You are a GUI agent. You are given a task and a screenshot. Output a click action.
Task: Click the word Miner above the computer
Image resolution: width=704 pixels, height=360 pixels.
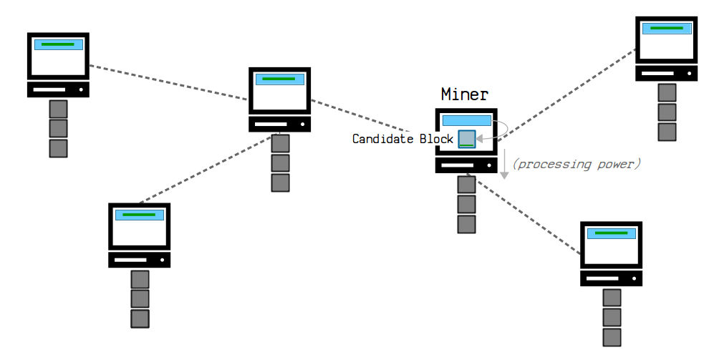[x=465, y=94]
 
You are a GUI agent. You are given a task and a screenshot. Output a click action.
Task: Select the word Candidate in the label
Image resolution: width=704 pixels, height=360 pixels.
[x=383, y=139]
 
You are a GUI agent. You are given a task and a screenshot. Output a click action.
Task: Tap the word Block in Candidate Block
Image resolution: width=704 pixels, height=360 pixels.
[x=436, y=139]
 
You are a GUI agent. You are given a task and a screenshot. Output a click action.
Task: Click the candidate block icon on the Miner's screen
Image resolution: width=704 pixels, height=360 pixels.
[x=467, y=139]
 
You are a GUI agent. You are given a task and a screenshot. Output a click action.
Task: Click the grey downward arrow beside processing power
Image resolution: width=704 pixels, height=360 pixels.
[x=504, y=164]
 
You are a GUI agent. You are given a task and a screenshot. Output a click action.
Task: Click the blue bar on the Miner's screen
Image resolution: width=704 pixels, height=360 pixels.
[x=466, y=120]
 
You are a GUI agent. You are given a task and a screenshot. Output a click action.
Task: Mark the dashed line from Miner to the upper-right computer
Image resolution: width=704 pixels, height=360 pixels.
[x=566, y=96]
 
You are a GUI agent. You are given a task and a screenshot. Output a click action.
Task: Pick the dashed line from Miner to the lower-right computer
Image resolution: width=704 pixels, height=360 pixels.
[x=524, y=214]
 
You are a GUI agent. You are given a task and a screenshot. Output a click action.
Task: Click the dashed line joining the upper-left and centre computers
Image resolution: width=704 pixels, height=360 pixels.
[x=169, y=82]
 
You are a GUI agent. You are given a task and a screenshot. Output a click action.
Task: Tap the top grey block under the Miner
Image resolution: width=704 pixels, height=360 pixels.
[x=466, y=185]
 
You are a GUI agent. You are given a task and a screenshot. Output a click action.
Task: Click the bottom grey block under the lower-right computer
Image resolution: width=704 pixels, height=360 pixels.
[x=612, y=338]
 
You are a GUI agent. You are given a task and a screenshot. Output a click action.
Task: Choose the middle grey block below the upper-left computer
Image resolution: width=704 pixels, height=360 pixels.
[x=58, y=128]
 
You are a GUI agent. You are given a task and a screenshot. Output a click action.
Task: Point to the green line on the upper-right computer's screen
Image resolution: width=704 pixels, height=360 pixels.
[x=667, y=29]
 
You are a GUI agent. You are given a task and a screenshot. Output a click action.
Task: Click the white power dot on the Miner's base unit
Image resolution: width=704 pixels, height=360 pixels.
[x=489, y=165]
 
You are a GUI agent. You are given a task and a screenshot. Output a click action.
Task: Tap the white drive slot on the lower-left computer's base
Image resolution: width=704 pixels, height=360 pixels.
[x=130, y=260]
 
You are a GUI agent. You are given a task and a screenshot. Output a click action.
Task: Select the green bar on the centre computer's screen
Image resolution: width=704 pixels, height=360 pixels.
[x=279, y=79]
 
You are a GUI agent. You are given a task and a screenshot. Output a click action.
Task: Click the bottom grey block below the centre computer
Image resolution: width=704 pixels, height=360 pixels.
[x=280, y=183]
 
